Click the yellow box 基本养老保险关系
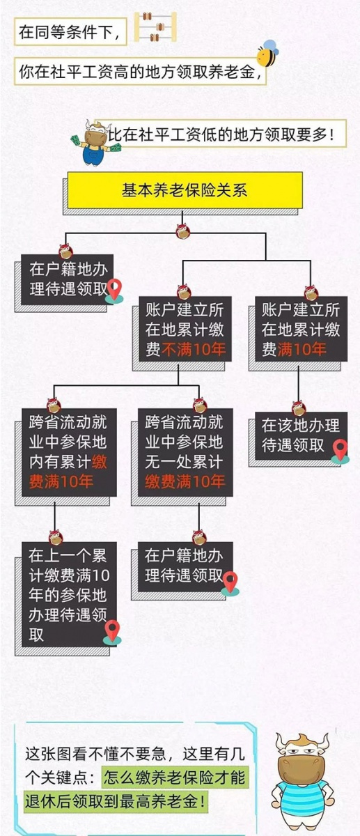tap(185, 190)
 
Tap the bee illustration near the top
tap(268, 54)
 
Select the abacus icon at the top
tap(155, 26)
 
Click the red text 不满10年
tap(194, 349)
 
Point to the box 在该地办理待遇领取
tap(301, 435)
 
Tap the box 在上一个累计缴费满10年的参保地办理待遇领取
tap(69, 594)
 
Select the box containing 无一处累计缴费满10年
tap(185, 452)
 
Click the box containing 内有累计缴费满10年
tap(69, 452)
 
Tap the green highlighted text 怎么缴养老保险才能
tap(174, 777)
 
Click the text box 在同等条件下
tap(70, 32)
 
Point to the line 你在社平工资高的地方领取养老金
tap(140, 72)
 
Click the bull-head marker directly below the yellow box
tap(183, 231)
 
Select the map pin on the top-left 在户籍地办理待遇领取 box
tap(114, 291)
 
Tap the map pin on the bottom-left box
tap(112, 633)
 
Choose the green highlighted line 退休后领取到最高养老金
tap(115, 800)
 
